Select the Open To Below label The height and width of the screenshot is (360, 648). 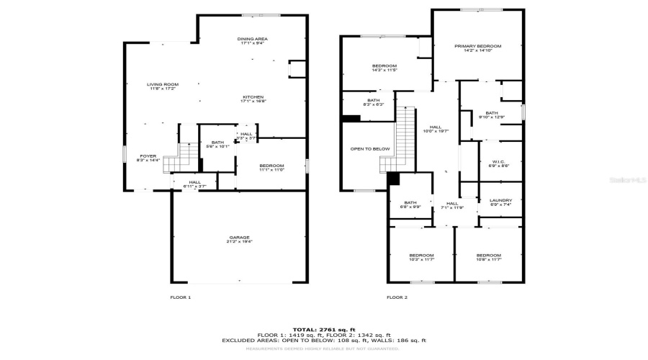[x=370, y=149]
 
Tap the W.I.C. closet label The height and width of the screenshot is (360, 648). [x=499, y=163]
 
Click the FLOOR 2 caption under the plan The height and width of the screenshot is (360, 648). [x=397, y=297]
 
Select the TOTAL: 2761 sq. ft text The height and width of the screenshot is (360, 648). [x=323, y=329]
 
